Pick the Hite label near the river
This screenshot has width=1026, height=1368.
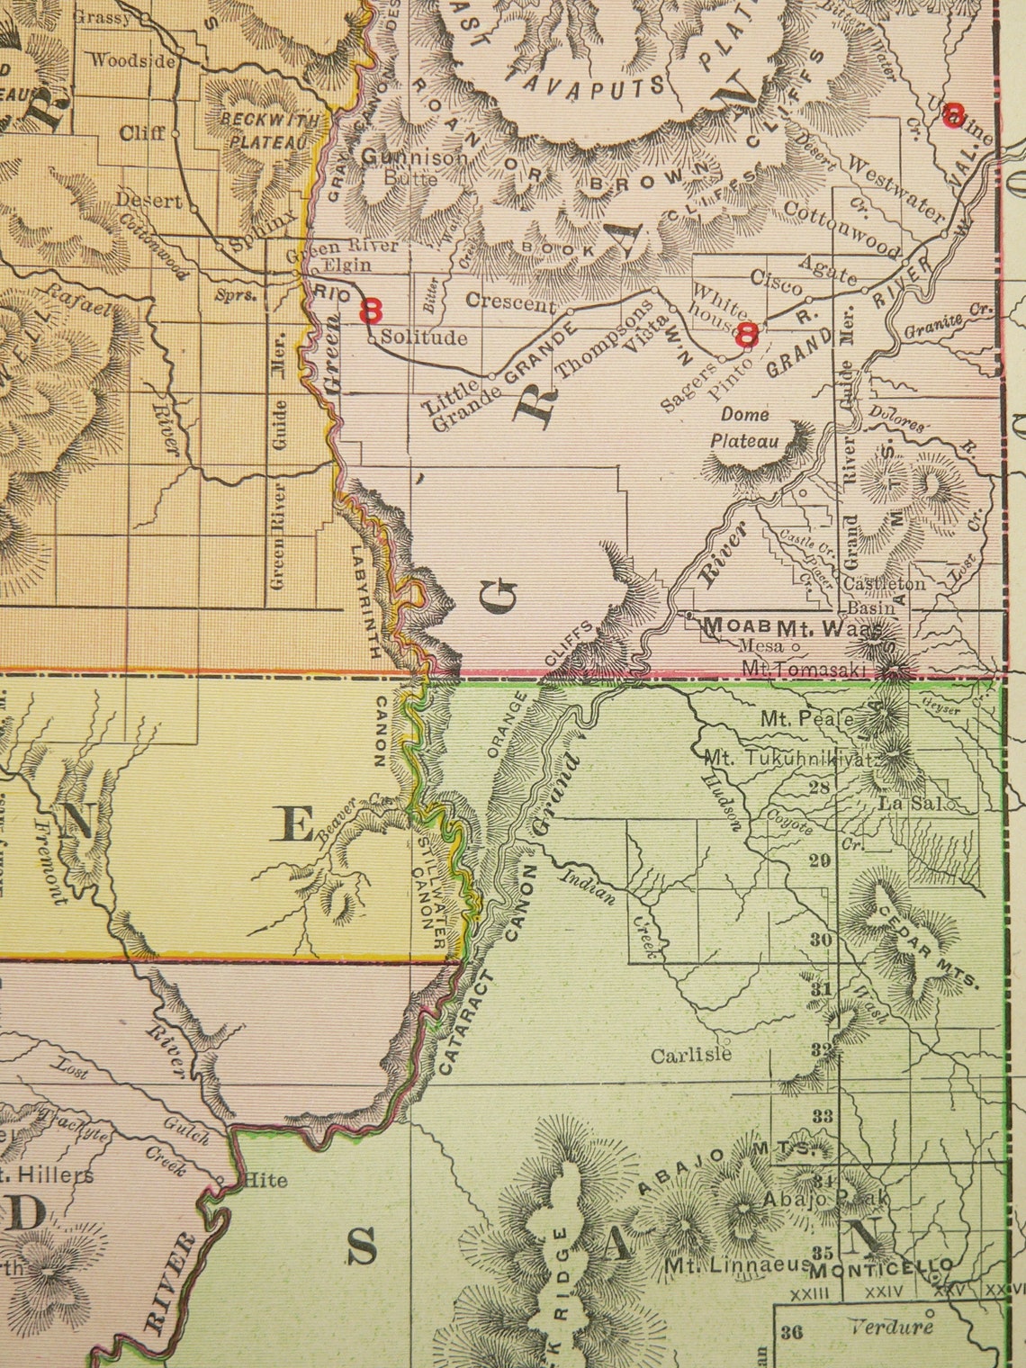[x=265, y=1180]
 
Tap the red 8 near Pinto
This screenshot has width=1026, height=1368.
[x=746, y=336]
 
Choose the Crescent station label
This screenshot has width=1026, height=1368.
[x=512, y=303]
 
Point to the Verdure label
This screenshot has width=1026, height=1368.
[x=889, y=1326]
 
